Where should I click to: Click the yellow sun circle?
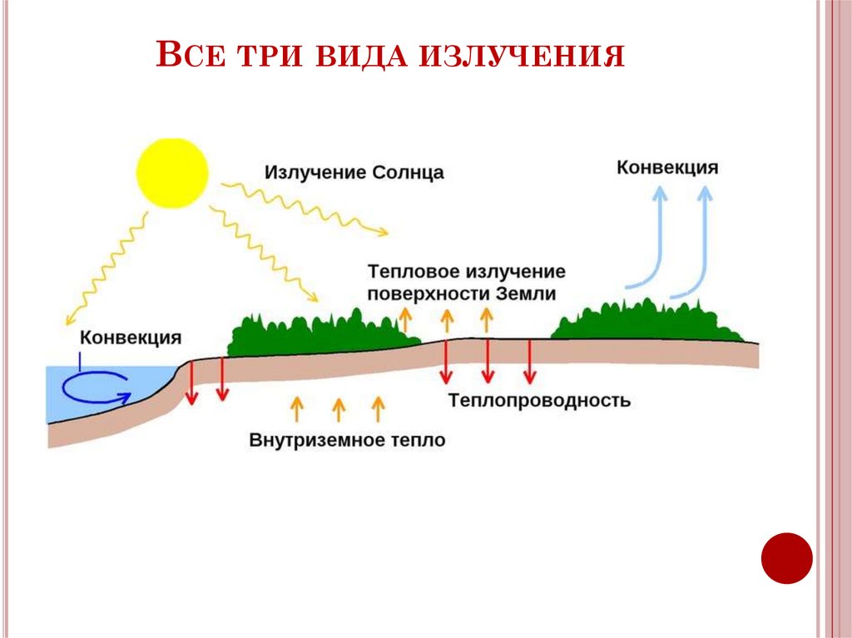point(172,173)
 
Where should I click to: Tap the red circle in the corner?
point(786,557)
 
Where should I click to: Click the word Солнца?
point(408,173)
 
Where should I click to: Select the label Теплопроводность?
point(539,401)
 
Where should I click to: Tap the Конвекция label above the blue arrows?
point(666,167)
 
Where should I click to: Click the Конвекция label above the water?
point(131,337)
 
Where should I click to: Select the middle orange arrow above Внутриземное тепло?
point(338,409)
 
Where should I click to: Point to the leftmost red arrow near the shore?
point(191,383)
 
